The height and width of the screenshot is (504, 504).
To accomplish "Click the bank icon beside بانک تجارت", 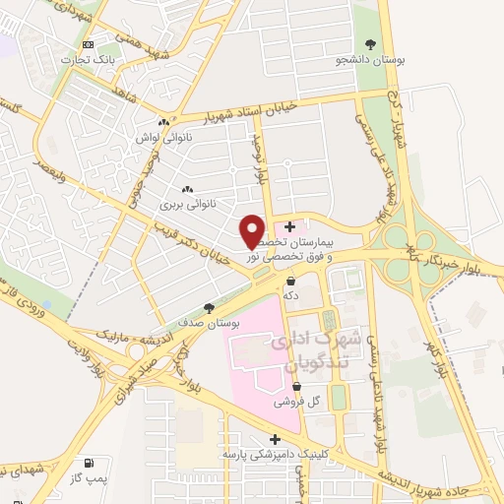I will pos(90,45).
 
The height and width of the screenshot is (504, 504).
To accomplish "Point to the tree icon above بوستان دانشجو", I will pos(370,44).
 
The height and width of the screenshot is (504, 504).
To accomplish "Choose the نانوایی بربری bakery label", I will pos(187,206).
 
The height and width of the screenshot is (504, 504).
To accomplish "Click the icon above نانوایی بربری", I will pos(187,190).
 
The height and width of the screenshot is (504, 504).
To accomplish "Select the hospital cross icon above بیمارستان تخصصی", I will pos(289,227).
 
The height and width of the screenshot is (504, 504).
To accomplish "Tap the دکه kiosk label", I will pos(290,294).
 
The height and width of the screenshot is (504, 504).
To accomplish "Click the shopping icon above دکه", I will pos(290,281).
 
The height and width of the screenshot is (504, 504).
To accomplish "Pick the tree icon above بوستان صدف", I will pos(208,308).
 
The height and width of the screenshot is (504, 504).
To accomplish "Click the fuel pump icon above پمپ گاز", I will pos(90,463).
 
